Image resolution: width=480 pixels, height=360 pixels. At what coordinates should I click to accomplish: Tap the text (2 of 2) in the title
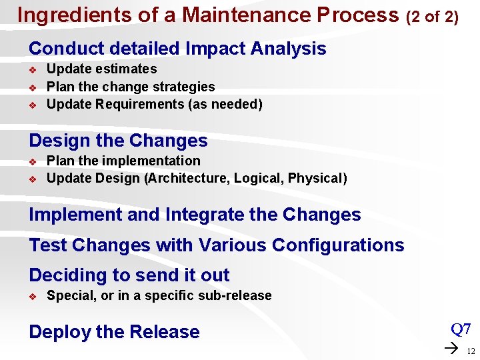432,17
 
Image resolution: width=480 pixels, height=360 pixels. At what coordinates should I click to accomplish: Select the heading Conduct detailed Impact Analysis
177,49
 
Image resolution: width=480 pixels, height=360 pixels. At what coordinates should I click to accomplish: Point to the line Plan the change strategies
131,87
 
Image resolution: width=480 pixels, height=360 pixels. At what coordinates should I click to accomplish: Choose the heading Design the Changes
118,141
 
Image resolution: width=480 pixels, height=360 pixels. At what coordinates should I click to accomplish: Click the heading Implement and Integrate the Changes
195,215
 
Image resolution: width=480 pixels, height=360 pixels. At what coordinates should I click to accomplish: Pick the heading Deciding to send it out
129,275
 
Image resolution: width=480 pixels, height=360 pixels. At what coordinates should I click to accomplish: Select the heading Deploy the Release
114,332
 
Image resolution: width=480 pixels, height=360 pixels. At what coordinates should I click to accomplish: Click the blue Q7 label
461,329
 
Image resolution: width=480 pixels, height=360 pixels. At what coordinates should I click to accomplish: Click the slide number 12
471,351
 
